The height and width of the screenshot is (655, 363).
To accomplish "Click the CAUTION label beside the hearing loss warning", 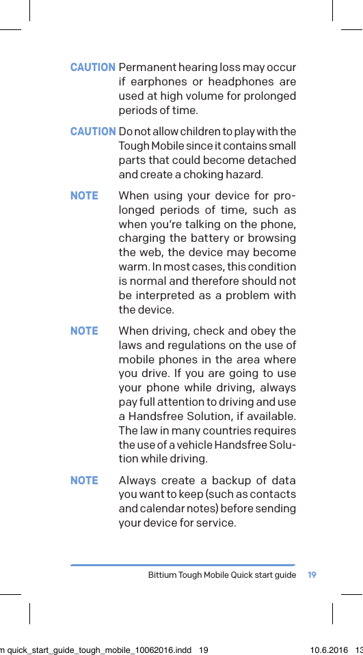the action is click(93, 68).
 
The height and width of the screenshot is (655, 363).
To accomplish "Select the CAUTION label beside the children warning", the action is click(93, 131).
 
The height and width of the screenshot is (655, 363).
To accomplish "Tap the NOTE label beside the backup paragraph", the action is click(84, 480).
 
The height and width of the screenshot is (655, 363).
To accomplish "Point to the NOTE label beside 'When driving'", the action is click(84, 331).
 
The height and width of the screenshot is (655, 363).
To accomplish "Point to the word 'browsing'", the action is click(273, 238).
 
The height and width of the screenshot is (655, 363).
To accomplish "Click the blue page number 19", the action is click(312, 575).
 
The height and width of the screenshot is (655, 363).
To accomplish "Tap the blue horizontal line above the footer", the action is click(183, 565).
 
